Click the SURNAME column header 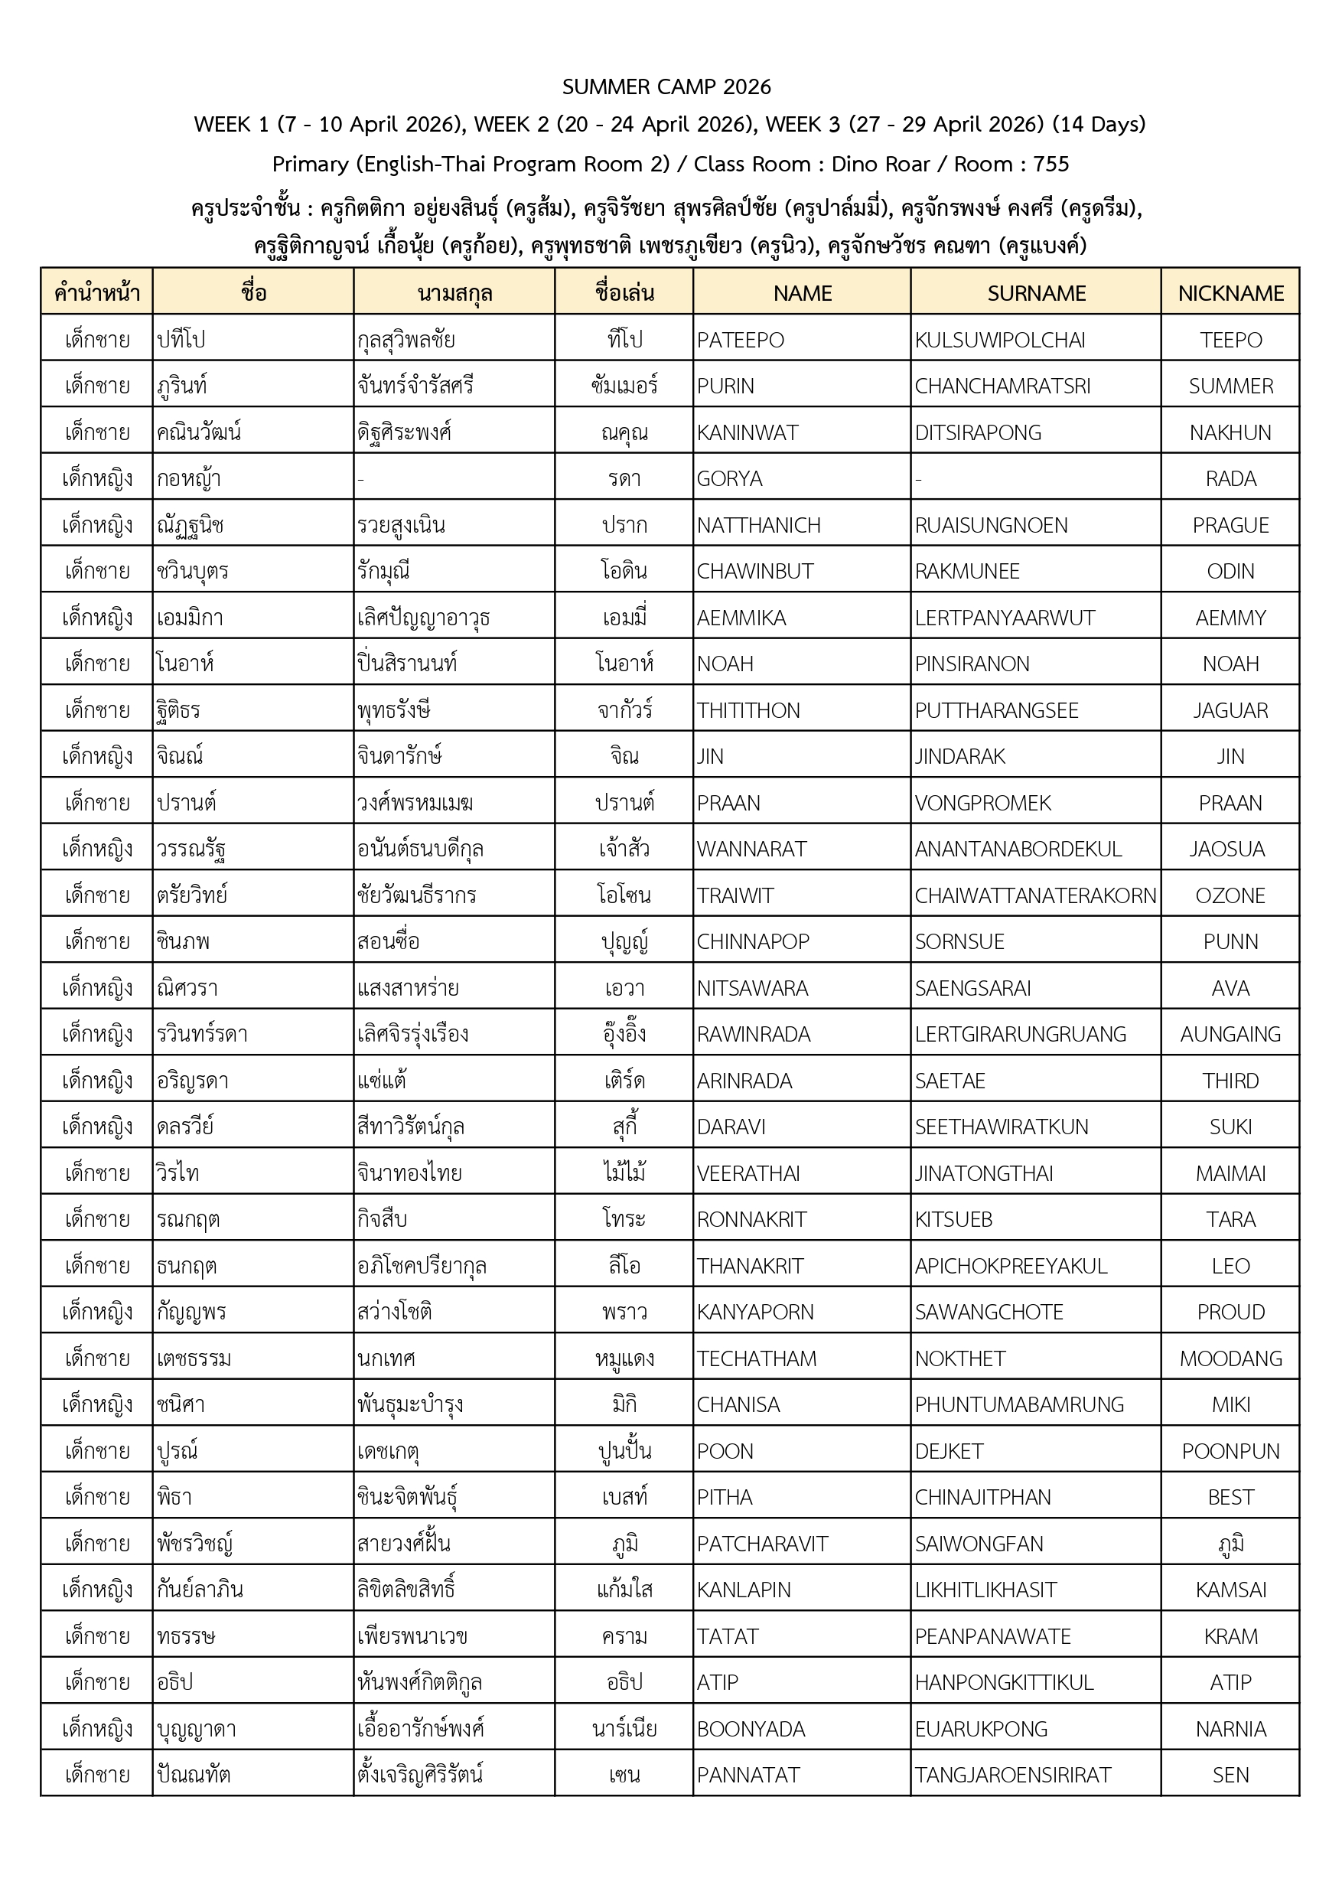coord(1036,293)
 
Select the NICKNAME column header coord(1230,293)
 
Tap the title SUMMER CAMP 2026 coord(666,86)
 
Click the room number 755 coord(1051,165)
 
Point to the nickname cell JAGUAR coord(1230,710)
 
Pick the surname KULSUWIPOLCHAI coord(1000,340)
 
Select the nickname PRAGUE coord(1230,525)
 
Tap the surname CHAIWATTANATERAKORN coord(1035,895)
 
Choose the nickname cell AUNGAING coord(1230,1034)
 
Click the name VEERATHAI coord(749,1173)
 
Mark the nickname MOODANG coord(1230,1358)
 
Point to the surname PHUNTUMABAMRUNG coord(1019,1404)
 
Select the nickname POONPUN coord(1230,1451)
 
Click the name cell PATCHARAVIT coord(762,1544)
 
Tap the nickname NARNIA coord(1230,1729)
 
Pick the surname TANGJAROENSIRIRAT coord(1013,1775)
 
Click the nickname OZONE coord(1230,895)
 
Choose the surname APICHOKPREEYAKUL coord(1011,1266)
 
